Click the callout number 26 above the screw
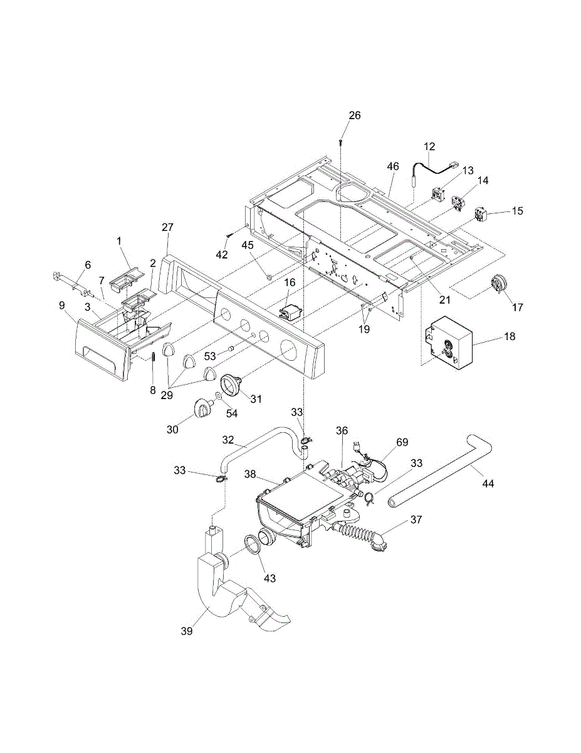355,115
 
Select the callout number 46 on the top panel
393,167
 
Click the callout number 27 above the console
167,227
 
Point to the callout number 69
402,442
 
